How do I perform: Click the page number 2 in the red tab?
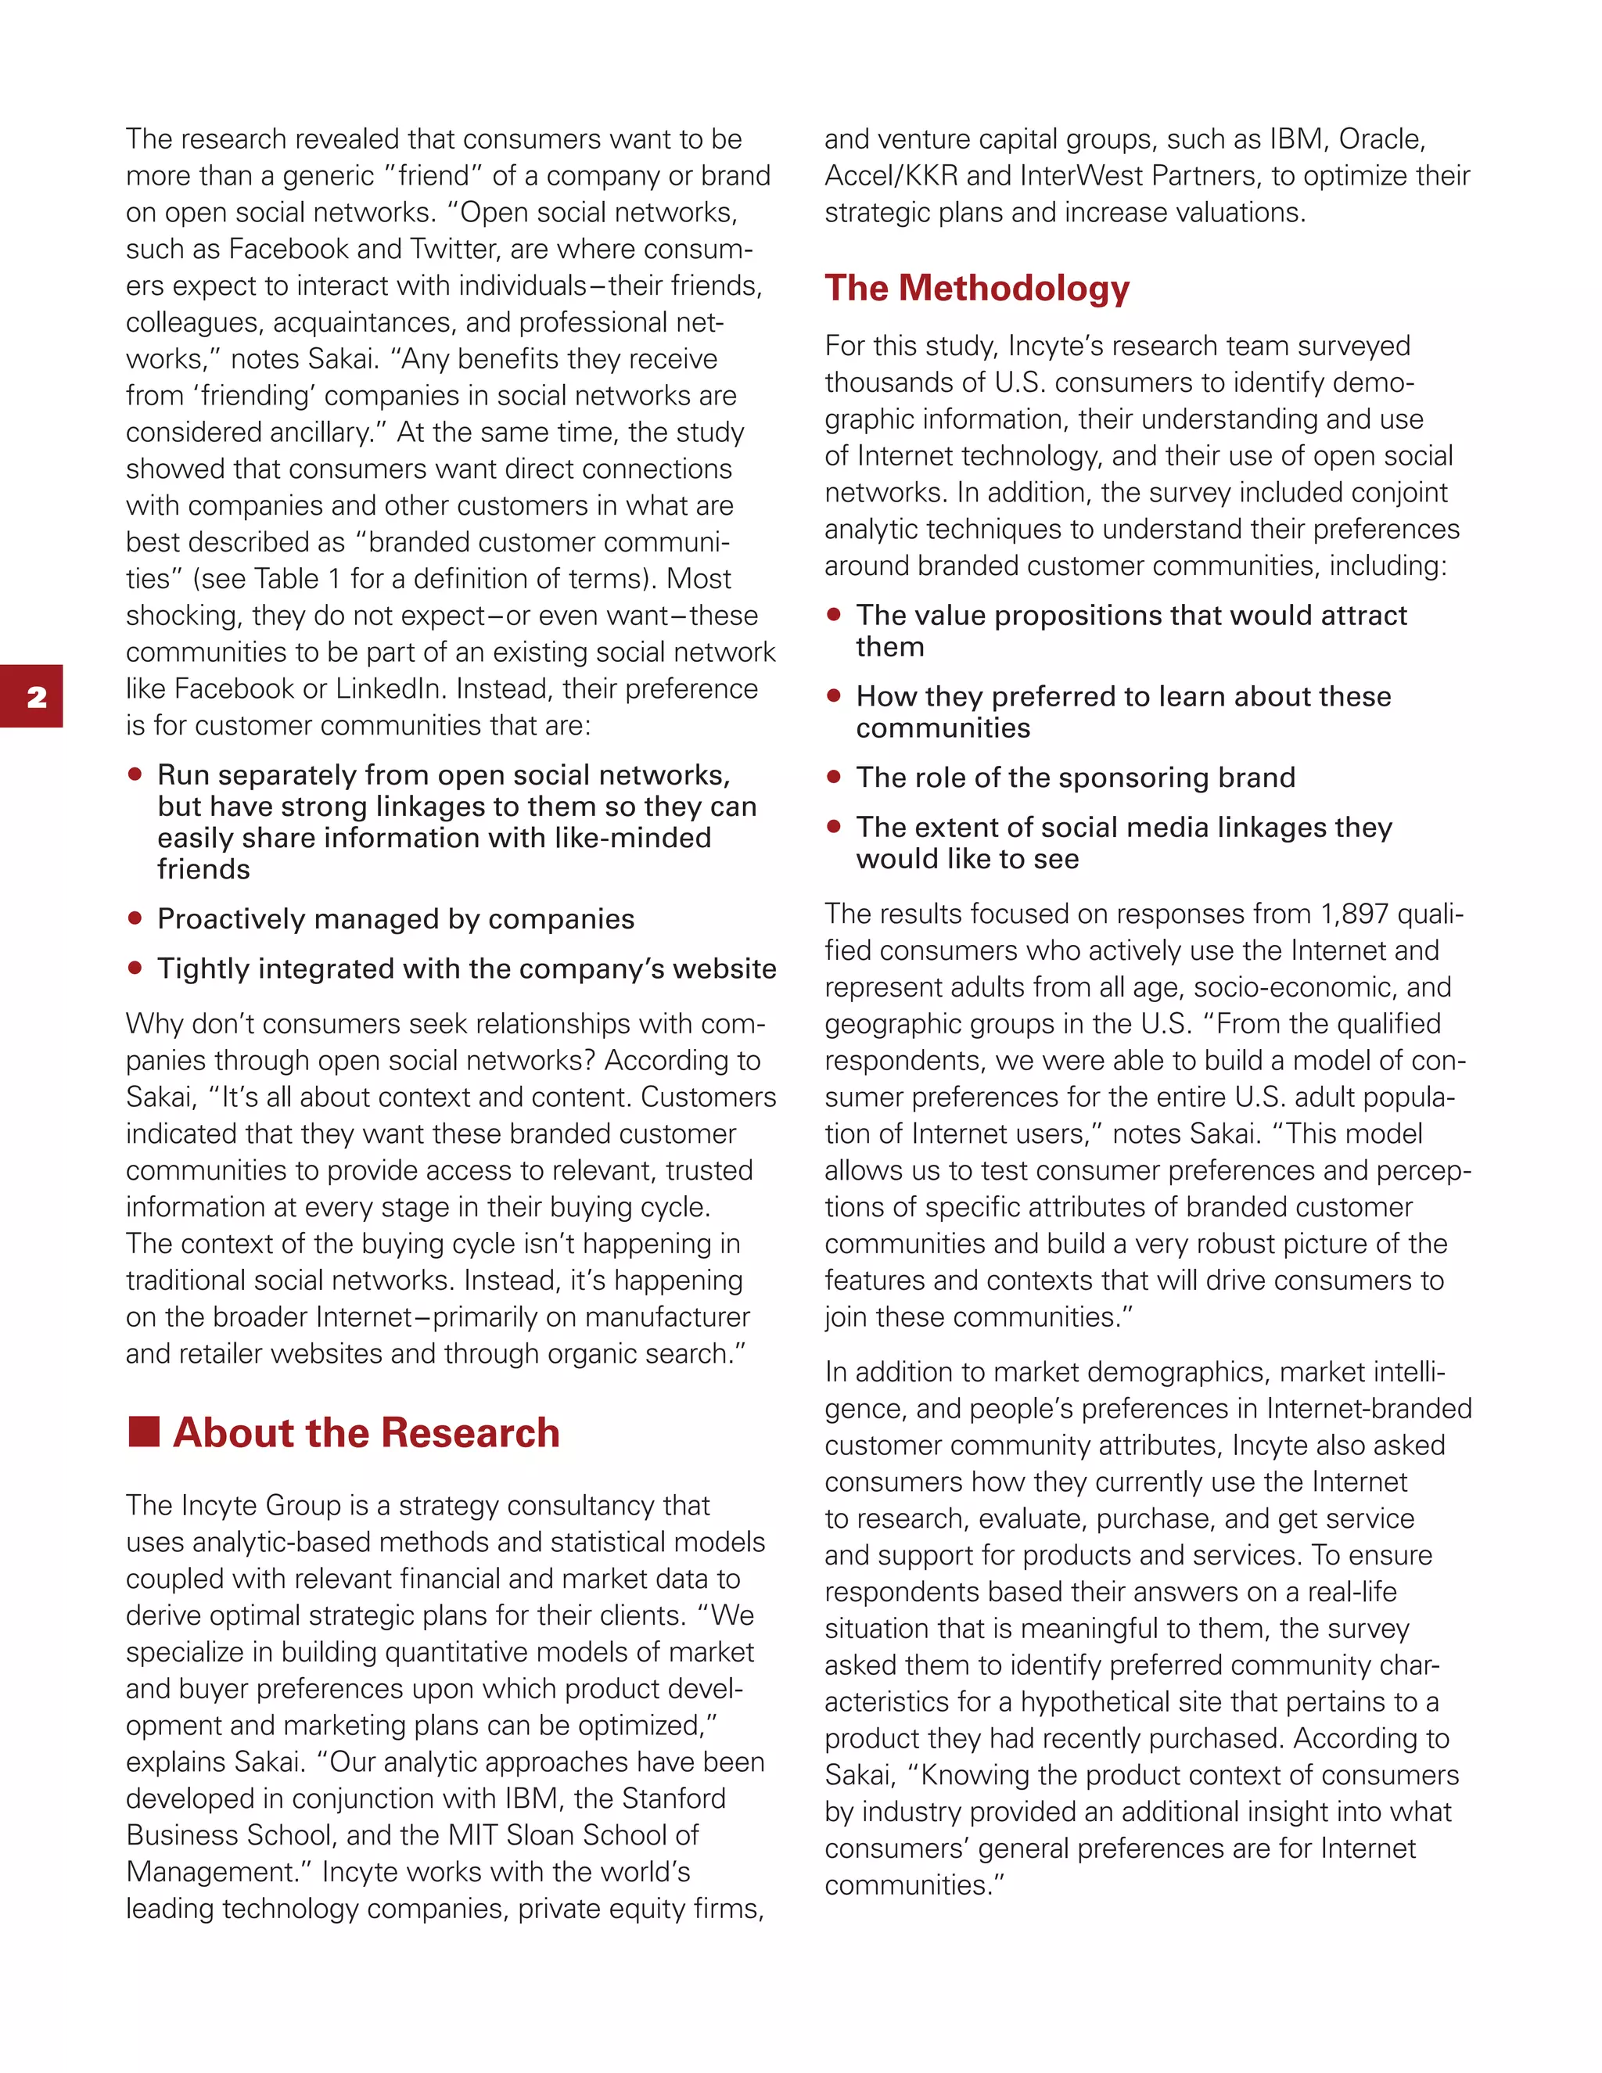pyautogui.click(x=37, y=698)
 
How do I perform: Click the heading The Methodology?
pyautogui.click(x=976, y=289)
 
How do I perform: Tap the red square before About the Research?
pyautogui.click(x=143, y=1432)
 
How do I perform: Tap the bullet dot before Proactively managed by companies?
pyautogui.click(x=135, y=918)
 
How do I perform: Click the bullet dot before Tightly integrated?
pyautogui.click(x=135, y=967)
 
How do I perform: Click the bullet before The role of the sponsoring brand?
pyautogui.click(x=833, y=777)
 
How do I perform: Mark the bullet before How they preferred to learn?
pyautogui.click(x=833, y=695)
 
